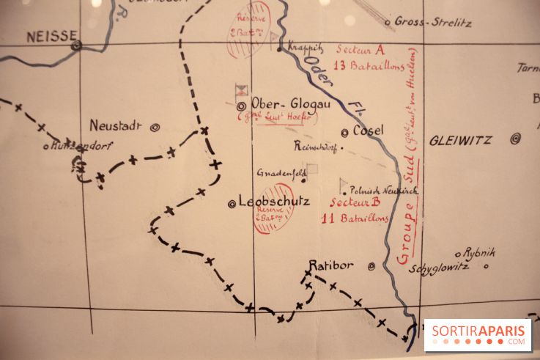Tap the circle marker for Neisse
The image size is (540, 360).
tap(76, 45)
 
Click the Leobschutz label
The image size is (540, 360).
tap(275, 201)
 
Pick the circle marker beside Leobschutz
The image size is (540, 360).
tap(232, 203)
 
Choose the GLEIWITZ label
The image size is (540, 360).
tap(461, 139)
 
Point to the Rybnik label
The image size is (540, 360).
tap(479, 252)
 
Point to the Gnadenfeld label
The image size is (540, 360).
tap(279, 173)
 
